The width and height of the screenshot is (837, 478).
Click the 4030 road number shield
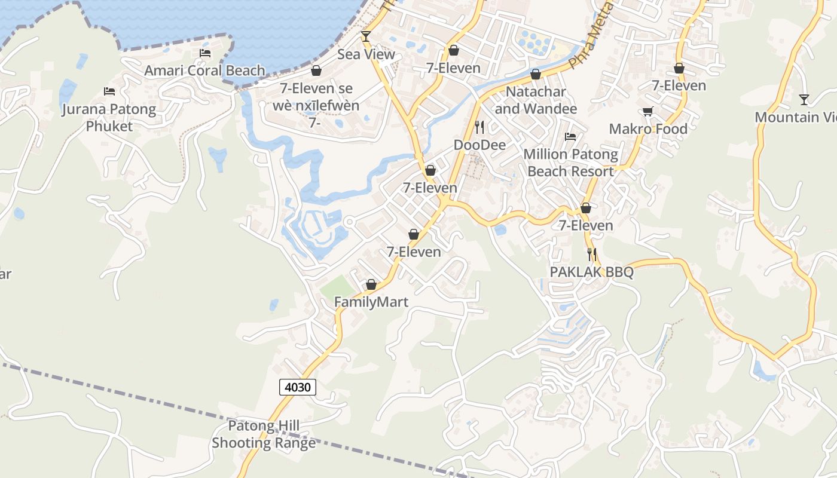[298, 387]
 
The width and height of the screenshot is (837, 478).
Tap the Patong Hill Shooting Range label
[264, 434]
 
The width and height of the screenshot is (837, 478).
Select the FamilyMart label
[371, 302]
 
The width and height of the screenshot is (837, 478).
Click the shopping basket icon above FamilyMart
[371, 285]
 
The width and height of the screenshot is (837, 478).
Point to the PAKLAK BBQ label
[591, 272]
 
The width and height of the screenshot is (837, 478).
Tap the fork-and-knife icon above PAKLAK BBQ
[592, 255]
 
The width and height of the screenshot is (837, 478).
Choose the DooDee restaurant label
[479, 145]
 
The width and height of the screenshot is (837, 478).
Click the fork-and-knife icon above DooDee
[479, 127]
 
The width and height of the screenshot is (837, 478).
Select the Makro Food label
[648, 128]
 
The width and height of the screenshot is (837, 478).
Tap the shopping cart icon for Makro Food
[647, 112]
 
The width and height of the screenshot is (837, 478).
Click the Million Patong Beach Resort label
[570, 163]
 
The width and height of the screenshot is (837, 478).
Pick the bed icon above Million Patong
[570, 137]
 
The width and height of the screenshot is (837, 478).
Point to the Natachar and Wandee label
[536, 100]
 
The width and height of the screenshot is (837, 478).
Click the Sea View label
[366, 54]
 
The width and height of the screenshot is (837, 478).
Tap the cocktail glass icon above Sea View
[366, 37]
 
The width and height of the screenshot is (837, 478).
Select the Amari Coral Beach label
[204, 71]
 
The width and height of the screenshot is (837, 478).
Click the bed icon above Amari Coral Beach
[205, 53]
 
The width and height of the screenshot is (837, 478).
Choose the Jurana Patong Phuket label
[109, 118]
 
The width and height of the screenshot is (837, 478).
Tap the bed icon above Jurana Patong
[109, 91]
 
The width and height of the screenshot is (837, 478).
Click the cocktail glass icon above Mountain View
[804, 100]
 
